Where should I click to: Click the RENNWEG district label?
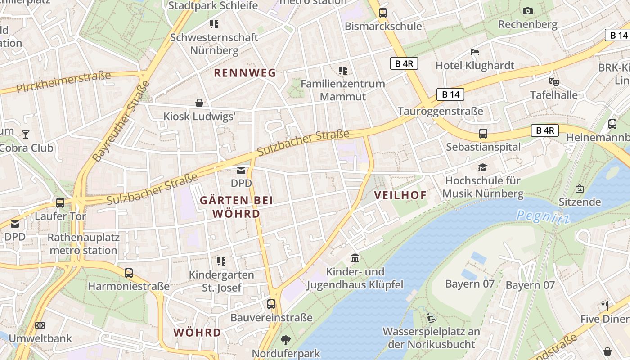coord(245,73)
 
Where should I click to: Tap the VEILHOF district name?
coord(400,195)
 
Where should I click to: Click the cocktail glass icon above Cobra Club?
coord(26,134)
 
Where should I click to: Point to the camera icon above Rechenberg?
coord(528,11)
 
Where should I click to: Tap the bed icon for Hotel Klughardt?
coord(475,52)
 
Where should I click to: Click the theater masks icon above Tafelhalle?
coord(553,82)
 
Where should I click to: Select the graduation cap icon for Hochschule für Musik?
coord(483,168)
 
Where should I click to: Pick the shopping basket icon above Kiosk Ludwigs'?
coord(199,103)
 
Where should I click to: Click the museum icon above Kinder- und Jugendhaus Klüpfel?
coord(355,258)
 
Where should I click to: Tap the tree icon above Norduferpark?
coord(285,340)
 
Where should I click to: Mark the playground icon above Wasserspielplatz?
coord(431,318)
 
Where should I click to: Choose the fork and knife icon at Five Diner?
coord(605,306)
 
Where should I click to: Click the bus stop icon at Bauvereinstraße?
coord(271,304)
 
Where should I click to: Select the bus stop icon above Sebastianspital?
coord(483,134)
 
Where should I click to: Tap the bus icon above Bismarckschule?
coord(383,13)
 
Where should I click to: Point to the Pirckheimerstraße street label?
coord(63,81)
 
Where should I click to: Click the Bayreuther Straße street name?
coord(121,121)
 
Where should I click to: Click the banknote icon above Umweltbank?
coord(40,325)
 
